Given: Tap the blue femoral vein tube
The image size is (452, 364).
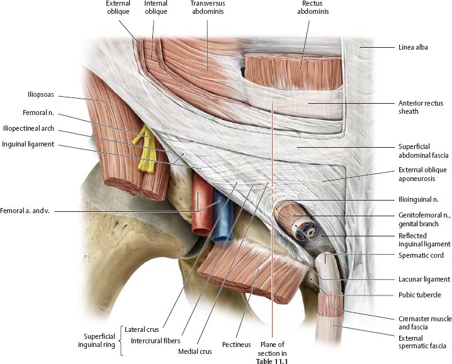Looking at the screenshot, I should point(222,220).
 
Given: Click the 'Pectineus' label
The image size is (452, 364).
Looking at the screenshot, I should point(237,345).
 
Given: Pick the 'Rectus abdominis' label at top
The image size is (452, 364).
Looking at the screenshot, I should point(311,8).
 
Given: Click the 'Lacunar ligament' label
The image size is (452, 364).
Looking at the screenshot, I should point(424,279).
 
